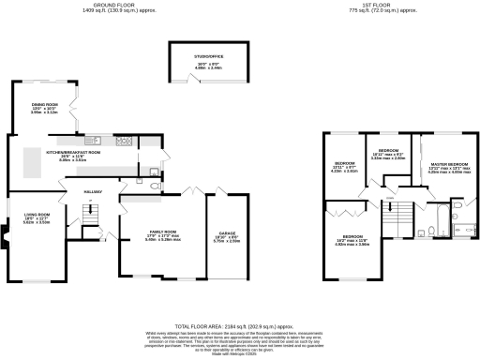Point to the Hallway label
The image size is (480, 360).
coord(90,193)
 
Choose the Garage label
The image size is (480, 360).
coord(228,235)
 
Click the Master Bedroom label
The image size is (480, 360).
coord(445,166)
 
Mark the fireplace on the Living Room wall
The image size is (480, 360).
coord(6,247)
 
